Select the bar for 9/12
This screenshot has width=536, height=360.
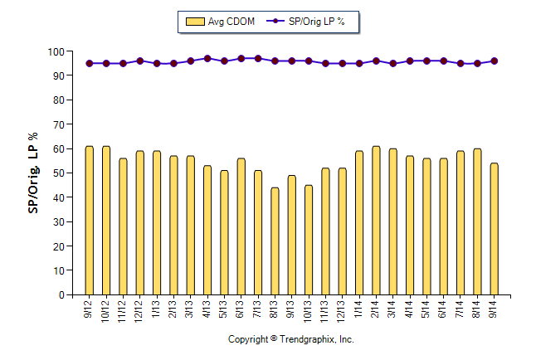point(90,221)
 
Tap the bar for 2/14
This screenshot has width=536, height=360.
point(376,221)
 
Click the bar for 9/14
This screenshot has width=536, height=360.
point(494,229)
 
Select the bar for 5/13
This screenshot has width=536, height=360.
point(224,232)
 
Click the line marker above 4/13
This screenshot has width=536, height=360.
point(207,59)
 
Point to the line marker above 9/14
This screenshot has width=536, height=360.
point(494,61)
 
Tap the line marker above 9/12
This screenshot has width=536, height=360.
point(90,63)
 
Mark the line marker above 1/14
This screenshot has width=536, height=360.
point(359,63)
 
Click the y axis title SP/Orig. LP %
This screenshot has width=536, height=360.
point(33,172)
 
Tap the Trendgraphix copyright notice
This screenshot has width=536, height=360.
point(291,340)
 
